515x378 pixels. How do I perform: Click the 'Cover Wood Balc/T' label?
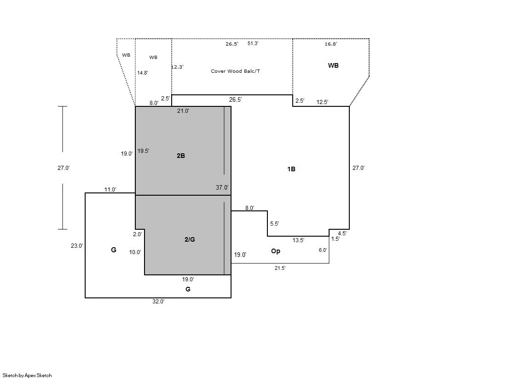coord(235,71)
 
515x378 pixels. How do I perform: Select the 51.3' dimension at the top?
coord(253,43)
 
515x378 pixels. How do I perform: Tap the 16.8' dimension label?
coord(331,44)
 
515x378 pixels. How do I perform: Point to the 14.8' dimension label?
coord(143,73)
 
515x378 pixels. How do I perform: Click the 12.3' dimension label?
coord(177,67)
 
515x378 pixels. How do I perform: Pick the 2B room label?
coord(181,156)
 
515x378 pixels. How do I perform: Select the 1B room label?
coord(291,169)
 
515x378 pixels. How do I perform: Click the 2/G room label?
coord(190,239)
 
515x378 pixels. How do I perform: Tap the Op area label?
coord(276,251)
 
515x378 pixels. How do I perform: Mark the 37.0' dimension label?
coord(222,187)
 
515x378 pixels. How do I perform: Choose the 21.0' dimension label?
coord(183,111)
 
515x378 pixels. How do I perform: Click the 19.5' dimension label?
coord(143,151)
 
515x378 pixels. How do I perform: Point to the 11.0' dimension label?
coord(110,189)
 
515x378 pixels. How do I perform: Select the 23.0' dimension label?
coord(77,245)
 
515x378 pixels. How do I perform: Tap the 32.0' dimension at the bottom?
coord(158,302)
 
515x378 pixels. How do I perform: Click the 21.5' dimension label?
coord(280,268)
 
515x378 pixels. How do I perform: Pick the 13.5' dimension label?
coord(298,240)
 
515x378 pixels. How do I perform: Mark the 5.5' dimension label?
coord(275,223)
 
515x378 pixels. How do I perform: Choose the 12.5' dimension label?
coord(322,102)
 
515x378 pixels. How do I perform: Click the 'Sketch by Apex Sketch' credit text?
coord(27,375)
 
